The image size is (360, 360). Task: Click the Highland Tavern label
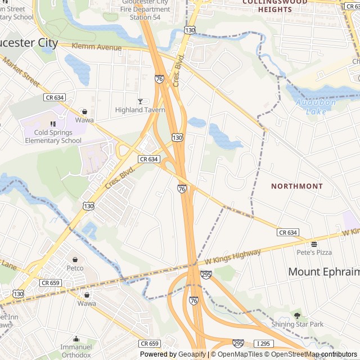click(140, 110)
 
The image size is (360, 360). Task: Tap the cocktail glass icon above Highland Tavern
click(140, 101)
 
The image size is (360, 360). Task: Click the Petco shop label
click(75, 268)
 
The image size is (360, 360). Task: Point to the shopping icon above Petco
click(75, 259)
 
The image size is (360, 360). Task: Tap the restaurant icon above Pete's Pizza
click(314, 244)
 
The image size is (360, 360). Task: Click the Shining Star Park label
click(298, 324)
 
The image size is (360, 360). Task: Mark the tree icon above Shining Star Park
click(297, 316)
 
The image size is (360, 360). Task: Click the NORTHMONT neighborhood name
click(297, 186)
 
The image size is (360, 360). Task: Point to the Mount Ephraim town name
click(323, 272)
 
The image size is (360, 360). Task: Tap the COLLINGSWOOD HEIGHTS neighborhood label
click(275, 3)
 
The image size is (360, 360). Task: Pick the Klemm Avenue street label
click(97, 47)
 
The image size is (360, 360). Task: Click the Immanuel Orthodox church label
click(76, 351)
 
